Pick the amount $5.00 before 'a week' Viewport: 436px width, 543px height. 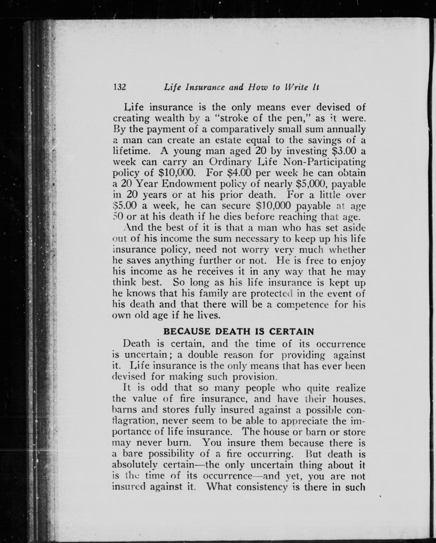tap(125, 206)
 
